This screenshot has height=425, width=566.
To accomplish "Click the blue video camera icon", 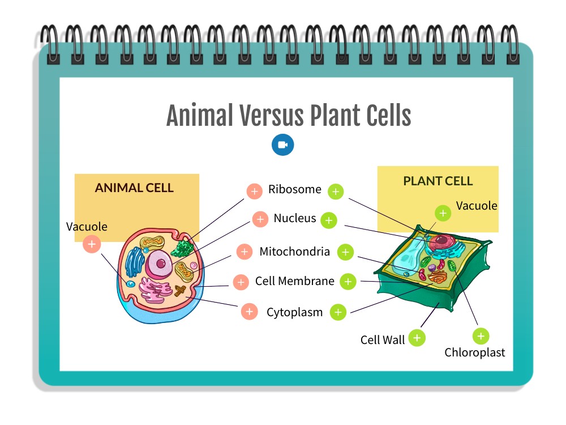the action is coord(282,144).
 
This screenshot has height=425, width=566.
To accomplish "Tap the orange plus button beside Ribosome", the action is coord(255,191).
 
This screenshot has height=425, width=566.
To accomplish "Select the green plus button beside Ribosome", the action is coord(336,192).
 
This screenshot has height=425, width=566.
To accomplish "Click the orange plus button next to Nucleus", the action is coord(260,219).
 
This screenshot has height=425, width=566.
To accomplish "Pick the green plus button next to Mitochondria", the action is coord(345,252).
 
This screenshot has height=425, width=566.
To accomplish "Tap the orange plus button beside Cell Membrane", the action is coord(241,282).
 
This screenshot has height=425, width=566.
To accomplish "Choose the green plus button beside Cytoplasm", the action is coord(338,312).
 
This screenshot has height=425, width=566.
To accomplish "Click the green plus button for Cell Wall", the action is coord(417,338).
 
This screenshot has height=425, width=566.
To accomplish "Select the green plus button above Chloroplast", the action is coord(481,337).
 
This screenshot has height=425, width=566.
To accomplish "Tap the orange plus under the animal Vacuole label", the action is coord(92,244).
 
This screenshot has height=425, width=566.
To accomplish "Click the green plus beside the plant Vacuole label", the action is coord(443,213).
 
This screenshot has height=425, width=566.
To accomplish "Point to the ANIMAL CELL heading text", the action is coord(134,188).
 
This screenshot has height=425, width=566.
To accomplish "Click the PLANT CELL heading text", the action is coord(438,181).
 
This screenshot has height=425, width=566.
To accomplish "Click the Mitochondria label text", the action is coord(294,251).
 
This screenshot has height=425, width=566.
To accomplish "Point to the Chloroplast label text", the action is coord(475,352).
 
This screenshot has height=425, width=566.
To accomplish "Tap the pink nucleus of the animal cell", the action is coord(159,263).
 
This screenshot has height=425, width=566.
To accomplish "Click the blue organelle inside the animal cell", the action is coord(134,262).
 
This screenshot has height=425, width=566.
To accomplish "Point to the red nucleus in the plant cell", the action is coord(442,241).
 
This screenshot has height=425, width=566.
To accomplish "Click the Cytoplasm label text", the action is coord(294,312).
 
